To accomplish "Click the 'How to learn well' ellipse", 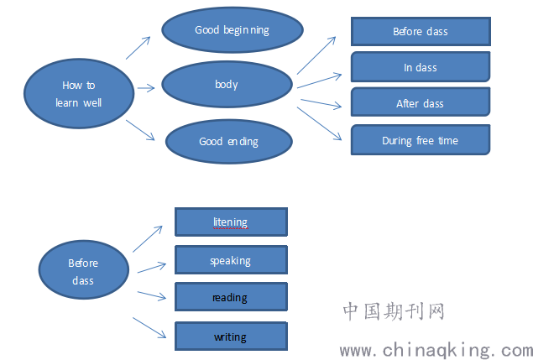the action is tap(79, 94).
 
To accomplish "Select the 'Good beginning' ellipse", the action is tap(233, 30).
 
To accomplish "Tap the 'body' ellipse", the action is tap(227, 84).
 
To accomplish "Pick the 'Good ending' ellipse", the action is tap(229, 142).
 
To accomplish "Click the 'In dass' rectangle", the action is tap(421, 67).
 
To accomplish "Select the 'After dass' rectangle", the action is tap(421, 102).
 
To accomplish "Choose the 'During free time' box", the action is tap(421, 139).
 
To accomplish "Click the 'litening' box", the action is tap(231, 222).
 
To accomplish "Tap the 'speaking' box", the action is tap(231, 259).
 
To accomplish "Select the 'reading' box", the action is tap(231, 297).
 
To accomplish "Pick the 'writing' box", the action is tap(231, 337).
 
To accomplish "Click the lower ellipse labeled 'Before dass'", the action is tap(84, 270).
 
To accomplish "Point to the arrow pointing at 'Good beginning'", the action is tap(138, 48).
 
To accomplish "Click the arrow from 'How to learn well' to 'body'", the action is tap(146, 88).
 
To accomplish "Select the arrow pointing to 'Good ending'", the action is tap(140, 130).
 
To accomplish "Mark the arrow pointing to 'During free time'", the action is tap(320, 123).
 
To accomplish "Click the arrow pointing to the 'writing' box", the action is tap(149, 328).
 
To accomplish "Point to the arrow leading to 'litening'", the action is tap(148, 239).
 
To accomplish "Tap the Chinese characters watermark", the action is tap(394, 311).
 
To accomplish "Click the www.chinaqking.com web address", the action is tap(436, 350).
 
